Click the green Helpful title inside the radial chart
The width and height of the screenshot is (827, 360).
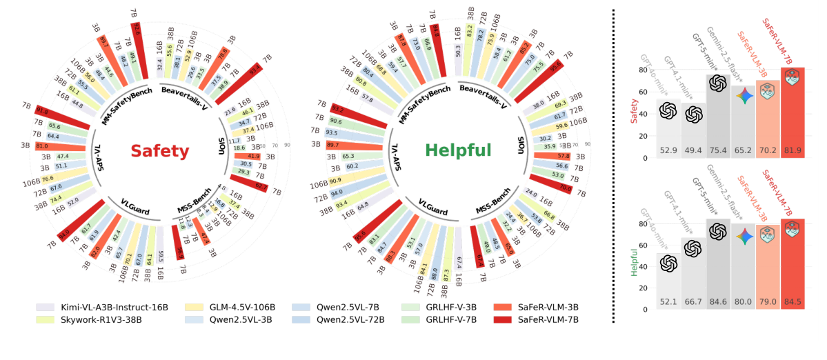(x=458, y=150)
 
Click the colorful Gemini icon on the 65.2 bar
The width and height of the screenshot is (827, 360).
(x=743, y=95)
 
